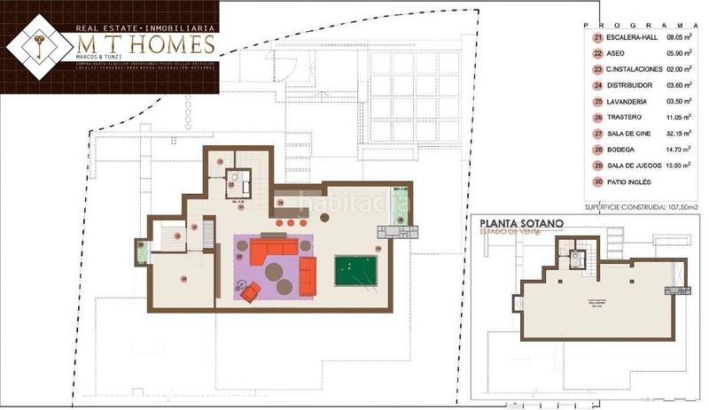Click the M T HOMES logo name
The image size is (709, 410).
pos(144,45)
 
